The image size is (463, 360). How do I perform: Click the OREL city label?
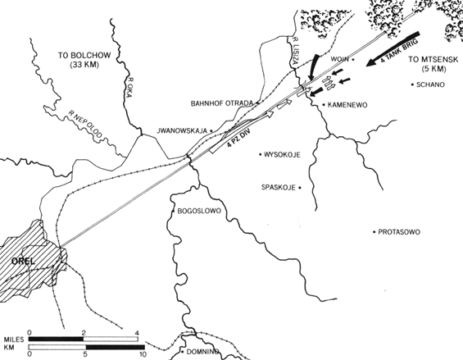click(23, 261)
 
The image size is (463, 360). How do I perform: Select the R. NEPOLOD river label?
click(85, 124)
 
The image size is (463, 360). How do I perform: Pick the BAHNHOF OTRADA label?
click(222, 103)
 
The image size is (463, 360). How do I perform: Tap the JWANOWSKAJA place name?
click(182, 130)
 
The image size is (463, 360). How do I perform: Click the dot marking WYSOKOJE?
click(261, 154)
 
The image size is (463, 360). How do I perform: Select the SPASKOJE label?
click(279, 188)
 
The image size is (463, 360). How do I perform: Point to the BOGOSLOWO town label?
click(199, 211)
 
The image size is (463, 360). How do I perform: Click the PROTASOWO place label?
click(399, 232)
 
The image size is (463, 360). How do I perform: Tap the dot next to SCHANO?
click(412, 84)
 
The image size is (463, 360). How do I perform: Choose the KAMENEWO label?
click(347, 105)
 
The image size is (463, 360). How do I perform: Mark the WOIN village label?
click(339, 59)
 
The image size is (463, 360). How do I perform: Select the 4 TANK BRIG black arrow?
click(393, 48)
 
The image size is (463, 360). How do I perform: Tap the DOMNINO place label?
click(202, 352)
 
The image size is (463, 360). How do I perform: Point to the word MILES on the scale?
click(14, 339)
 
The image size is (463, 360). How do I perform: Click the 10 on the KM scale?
click(143, 353)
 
